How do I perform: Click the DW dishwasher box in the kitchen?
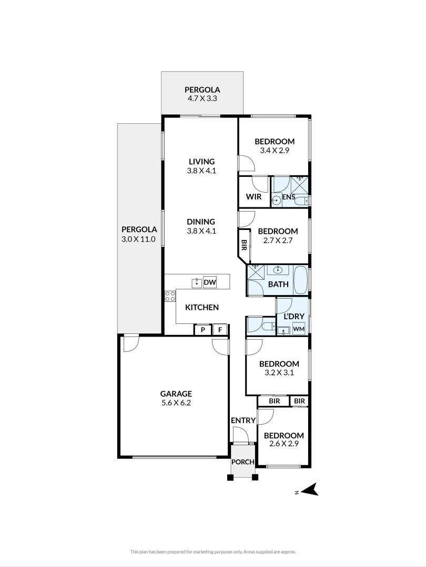210,283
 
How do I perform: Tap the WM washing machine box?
299,329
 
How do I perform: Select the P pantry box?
202,330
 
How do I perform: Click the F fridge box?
220,330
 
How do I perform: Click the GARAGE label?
176,394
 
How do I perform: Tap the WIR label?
254,197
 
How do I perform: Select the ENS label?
288,197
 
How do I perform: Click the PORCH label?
243,462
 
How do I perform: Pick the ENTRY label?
243,421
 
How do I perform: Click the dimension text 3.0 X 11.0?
139,239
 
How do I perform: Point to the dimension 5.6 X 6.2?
176,403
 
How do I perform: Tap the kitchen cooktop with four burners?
170,296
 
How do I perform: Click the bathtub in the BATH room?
301,280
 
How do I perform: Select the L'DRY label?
293,317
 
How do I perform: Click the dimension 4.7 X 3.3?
202,99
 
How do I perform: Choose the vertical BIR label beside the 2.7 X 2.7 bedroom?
244,245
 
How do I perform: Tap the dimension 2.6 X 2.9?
283,445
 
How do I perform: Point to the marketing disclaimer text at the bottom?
213,551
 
